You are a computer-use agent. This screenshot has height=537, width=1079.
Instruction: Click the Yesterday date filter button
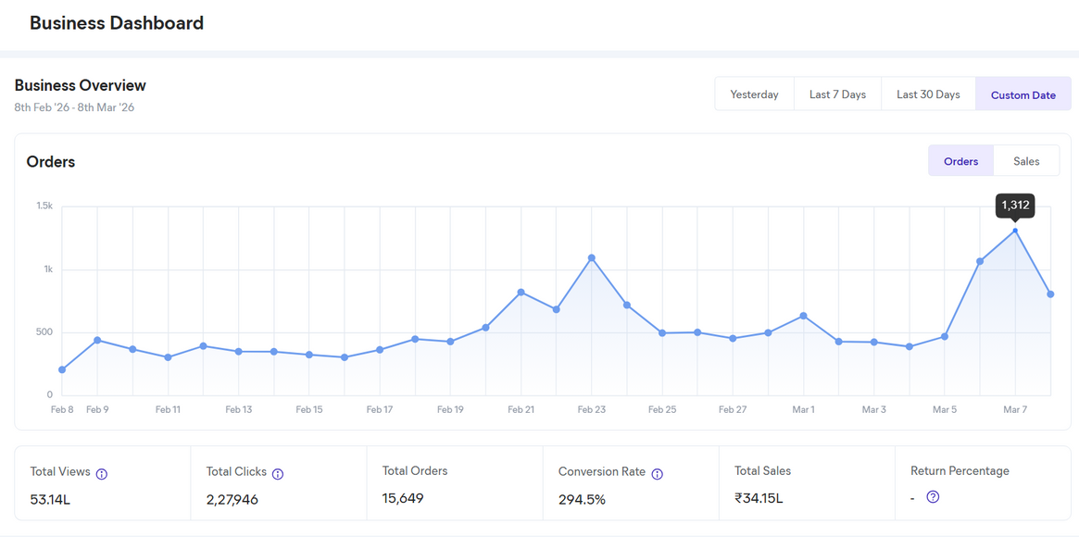(x=754, y=94)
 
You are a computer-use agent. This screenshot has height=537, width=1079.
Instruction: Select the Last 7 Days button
(x=837, y=94)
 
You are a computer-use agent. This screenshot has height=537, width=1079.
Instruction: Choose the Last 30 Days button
(x=928, y=94)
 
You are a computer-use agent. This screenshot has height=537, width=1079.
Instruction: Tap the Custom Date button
(x=1023, y=94)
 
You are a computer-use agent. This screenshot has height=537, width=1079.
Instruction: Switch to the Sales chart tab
(x=1026, y=161)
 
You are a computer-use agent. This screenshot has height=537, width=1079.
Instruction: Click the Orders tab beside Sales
(x=960, y=161)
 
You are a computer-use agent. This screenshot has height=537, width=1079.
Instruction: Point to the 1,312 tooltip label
(x=1015, y=206)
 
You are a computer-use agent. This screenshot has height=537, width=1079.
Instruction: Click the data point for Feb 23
(x=592, y=258)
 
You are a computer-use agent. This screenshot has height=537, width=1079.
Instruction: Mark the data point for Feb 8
(x=62, y=369)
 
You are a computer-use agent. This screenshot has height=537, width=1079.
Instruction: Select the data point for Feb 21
(x=521, y=293)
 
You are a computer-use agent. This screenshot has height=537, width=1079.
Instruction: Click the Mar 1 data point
(x=803, y=316)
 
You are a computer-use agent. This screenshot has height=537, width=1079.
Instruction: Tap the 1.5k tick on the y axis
(x=44, y=206)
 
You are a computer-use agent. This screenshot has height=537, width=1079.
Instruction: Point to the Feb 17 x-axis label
(x=380, y=409)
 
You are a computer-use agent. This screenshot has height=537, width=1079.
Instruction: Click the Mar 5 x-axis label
(x=945, y=409)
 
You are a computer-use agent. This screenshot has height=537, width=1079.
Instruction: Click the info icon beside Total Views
(x=102, y=474)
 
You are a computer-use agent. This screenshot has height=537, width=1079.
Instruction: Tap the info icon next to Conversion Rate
(x=657, y=474)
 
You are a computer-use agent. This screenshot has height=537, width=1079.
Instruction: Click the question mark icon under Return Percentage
(x=933, y=497)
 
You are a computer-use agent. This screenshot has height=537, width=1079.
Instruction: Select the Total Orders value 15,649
(x=403, y=498)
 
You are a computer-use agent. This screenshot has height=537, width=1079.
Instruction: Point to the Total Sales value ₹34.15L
(x=759, y=498)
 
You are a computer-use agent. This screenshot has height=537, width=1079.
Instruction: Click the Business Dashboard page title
(x=117, y=23)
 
